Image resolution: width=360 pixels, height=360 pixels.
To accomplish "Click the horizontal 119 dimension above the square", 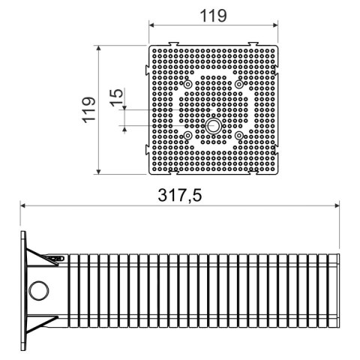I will point(214,15).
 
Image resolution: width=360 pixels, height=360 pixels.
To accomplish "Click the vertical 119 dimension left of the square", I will point(89,109).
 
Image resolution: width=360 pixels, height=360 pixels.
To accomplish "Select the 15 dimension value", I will point(114,97).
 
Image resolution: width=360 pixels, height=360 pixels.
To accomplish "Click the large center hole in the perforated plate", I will point(214,125).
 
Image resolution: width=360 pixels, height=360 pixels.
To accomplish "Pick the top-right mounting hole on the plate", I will point(239,85).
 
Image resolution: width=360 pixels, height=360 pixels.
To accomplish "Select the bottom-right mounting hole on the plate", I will point(239,135).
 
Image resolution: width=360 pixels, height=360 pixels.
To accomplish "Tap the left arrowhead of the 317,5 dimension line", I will point(24,205).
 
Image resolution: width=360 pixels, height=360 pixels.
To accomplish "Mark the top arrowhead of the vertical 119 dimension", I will point(100,47).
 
